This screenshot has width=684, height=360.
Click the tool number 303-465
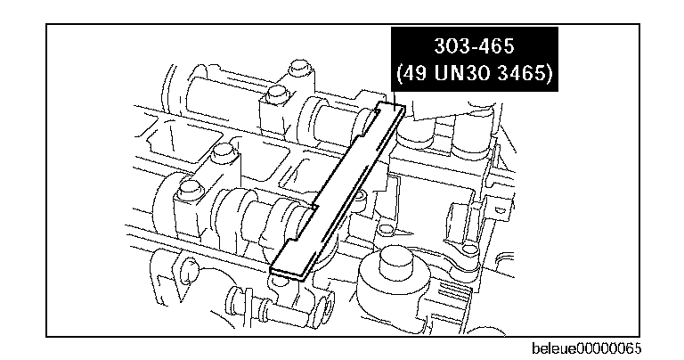pos(474,45)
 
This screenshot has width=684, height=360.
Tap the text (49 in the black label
pos(411,73)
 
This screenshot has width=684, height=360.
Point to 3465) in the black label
pos(525,73)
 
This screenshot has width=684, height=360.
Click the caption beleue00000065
pos(586,348)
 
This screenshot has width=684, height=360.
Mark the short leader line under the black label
pos(395,100)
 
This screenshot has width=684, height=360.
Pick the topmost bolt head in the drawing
pos(298,69)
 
